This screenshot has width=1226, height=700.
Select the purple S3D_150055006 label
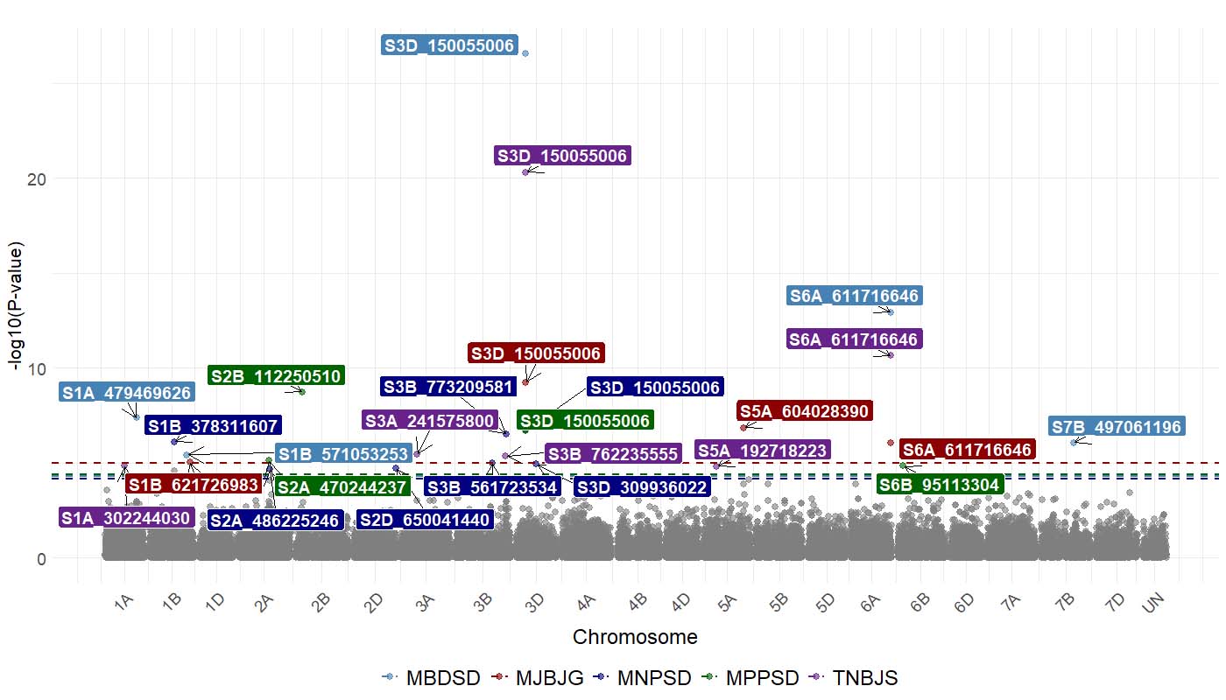click(x=561, y=156)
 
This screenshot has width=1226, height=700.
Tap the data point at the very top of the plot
click(x=525, y=53)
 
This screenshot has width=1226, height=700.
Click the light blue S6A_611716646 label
click(x=854, y=297)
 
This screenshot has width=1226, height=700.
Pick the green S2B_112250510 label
click(x=276, y=375)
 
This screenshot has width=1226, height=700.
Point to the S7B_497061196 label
click(x=1117, y=427)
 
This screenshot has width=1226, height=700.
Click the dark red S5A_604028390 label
click(x=805, y=411)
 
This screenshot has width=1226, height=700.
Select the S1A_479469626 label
click(x=126, y=392)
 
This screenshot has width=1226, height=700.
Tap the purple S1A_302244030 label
click(x=126, y=518)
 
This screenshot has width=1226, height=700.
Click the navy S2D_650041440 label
click(x=425, y=520)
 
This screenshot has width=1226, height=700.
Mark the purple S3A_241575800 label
click(x=430, y=421)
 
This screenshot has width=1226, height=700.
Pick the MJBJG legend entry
click(x=538, y=677)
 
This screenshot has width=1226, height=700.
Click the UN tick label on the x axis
click(x=1156, y=602)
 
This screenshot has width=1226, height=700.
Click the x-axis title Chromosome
click(x=635, y=637)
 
